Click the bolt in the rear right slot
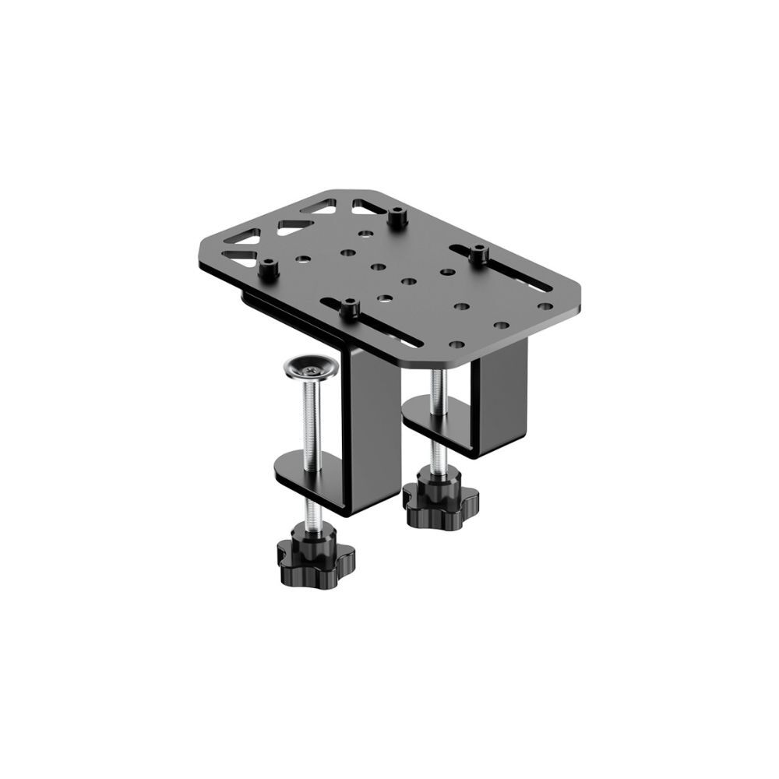(478, 253)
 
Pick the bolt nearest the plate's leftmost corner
(269, 269)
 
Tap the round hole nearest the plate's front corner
(456, 344)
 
